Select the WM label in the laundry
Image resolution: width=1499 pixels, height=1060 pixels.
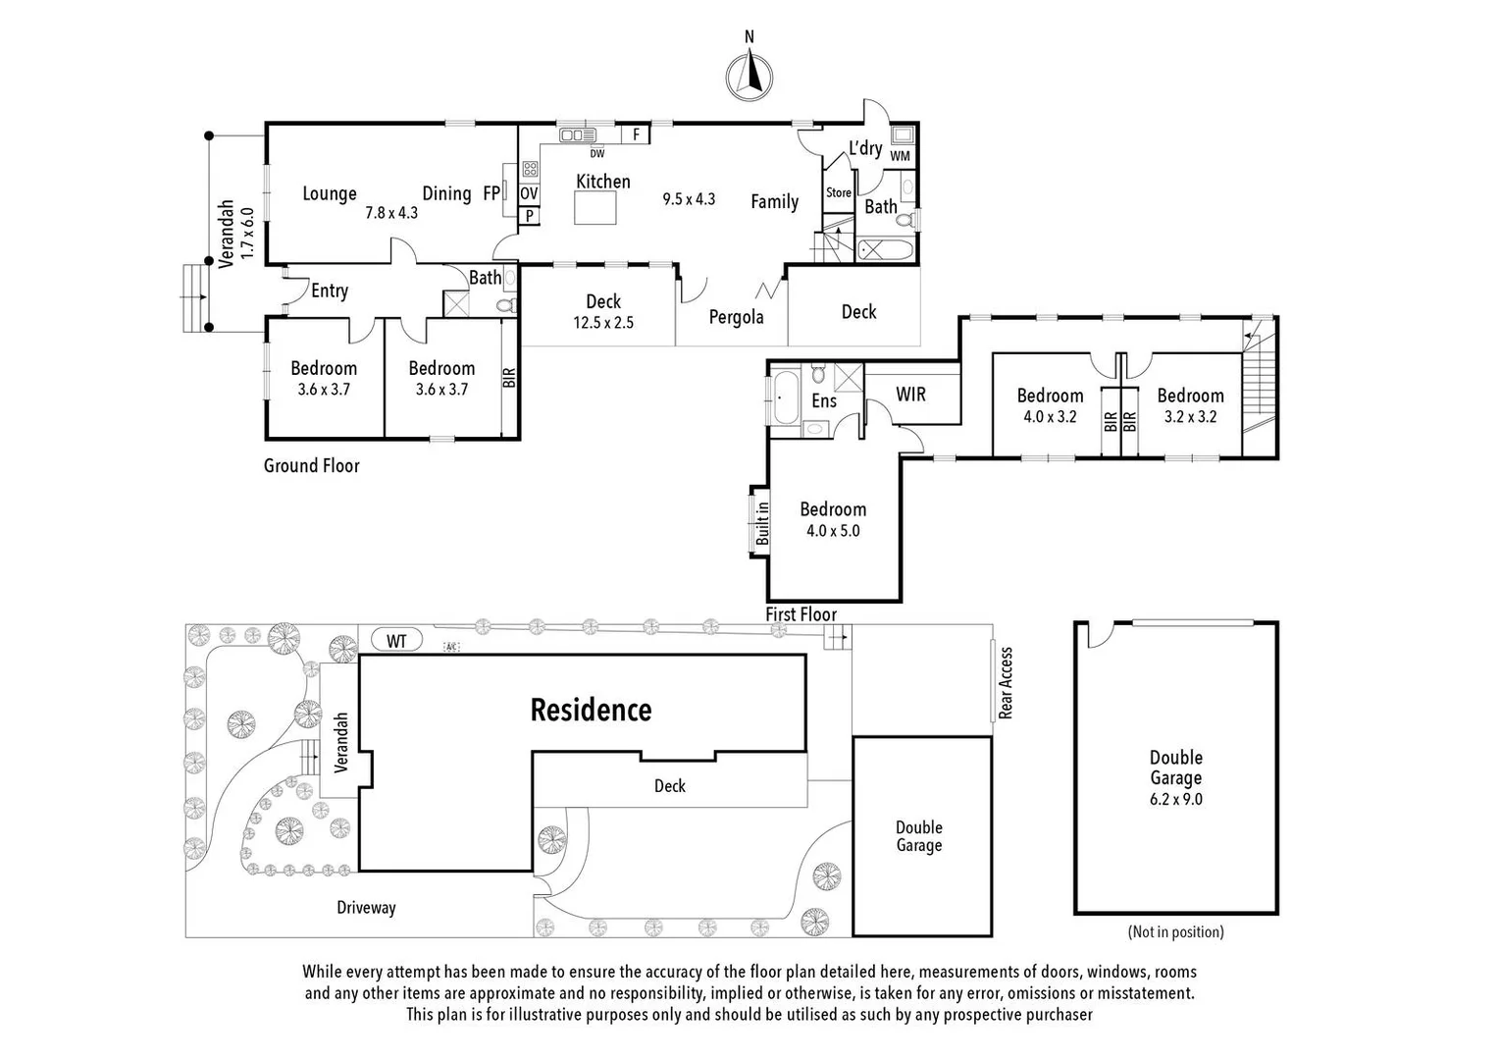pos(900,156)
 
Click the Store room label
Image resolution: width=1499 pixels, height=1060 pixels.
pos(839,193)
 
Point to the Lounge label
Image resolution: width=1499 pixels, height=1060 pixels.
pos(330,193)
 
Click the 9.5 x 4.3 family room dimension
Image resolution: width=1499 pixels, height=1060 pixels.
pos(689,199)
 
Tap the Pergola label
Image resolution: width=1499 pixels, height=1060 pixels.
pos(736,317)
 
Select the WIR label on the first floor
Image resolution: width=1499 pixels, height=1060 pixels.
pos(910,395)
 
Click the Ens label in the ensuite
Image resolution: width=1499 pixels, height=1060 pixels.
pos(824,400)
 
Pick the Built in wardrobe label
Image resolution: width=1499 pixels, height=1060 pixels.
pos(762,523)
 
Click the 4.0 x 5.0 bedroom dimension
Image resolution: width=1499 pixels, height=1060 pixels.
pos(833,531)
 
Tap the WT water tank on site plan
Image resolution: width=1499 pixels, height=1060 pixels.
pos(396,641)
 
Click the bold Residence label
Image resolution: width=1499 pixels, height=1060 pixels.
pos(591,710)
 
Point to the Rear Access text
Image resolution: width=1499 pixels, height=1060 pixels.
pos(1006,683)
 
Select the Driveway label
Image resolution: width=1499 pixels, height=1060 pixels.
pos(366,908)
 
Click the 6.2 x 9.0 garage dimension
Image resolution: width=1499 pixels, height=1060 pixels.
pos(1176,799)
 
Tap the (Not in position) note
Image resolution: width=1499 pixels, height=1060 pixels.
pos(1175,931)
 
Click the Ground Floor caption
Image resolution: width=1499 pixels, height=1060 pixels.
pos(311,466)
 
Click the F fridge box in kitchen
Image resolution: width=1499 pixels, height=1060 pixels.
pos(636,134)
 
